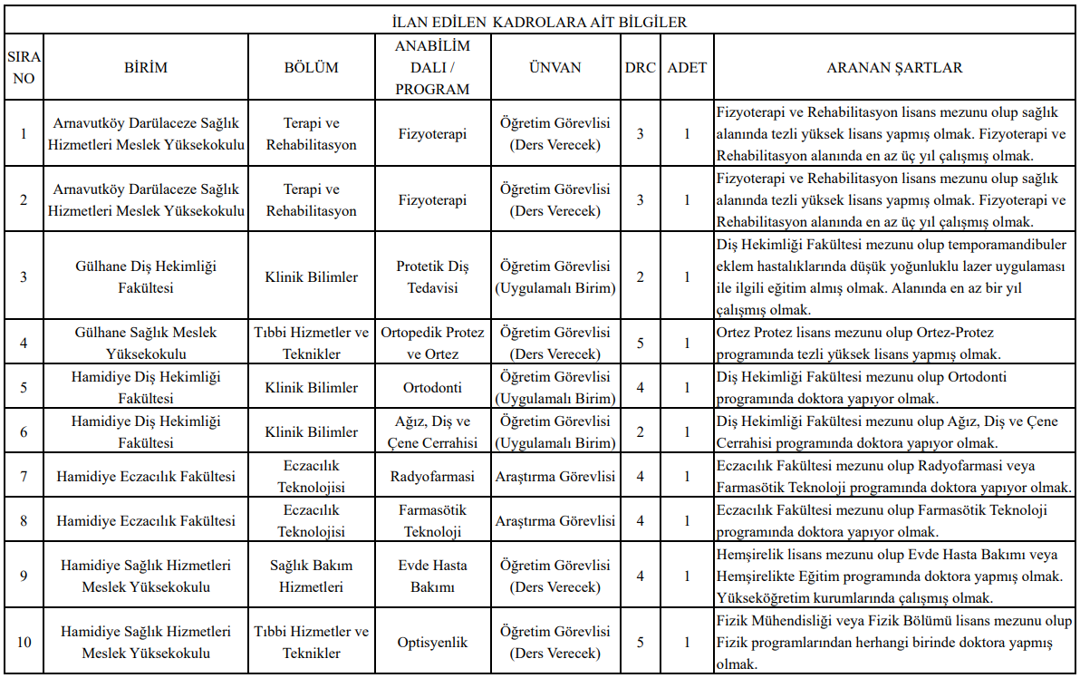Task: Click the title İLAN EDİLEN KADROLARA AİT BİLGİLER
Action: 539,21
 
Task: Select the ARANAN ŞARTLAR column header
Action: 894,67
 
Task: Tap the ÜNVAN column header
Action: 554,67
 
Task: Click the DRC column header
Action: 640,67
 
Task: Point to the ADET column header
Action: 687,67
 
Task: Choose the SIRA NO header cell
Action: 24,67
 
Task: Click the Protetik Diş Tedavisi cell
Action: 432,276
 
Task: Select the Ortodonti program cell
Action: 432,387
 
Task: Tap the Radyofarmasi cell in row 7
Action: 432,476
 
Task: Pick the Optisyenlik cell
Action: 432,643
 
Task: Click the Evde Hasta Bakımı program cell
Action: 432,576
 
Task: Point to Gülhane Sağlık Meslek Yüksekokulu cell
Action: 146,343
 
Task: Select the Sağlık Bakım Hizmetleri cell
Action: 311,576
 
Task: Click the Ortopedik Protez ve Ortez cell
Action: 432,343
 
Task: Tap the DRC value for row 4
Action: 640,343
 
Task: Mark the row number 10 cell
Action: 24,643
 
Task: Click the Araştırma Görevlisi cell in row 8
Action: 554,520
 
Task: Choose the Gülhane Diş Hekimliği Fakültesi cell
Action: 146,276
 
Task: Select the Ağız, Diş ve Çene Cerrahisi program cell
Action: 432,431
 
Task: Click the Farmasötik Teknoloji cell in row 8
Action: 432,520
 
